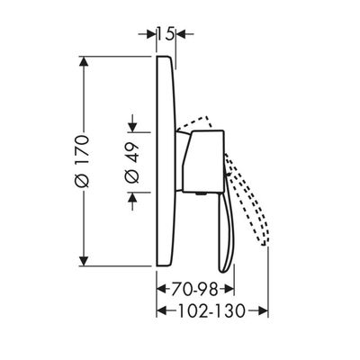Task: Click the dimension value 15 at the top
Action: pyautogui.click(x=166, y=34)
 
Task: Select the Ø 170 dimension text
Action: pyautogui.click(x=82, y=162)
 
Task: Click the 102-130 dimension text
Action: pyautogui.click(x=211, y=310)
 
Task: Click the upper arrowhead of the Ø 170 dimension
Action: pyautogui.click(x=85, y=61)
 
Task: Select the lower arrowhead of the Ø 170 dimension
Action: pyautogui.click(x=85, y=261)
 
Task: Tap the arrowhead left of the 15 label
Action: pyautogui.click(x=152, y=34)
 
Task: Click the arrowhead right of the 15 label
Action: pyautogui.click(x=181, y=34)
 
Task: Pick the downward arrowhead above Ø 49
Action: pyautogui.click(x=132, y=127)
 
